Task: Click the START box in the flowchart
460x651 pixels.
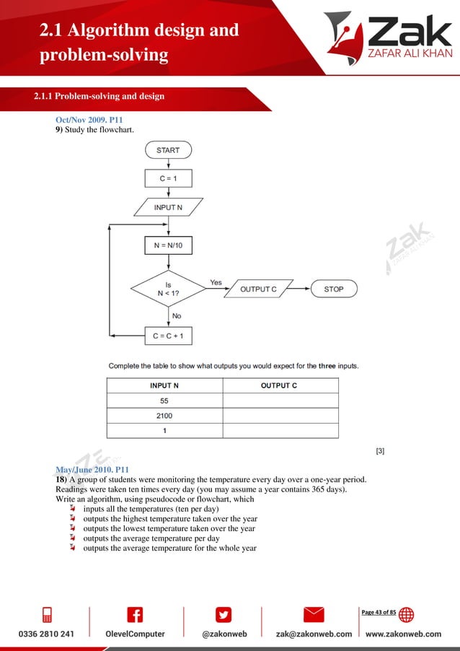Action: [168, 150]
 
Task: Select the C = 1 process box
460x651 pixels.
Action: [168, 178]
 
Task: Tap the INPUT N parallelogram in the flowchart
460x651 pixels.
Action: [168, 207]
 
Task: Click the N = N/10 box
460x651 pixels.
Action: [168, 245]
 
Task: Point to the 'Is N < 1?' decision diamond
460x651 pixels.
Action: [168, 289]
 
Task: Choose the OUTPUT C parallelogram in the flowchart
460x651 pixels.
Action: [258, 289]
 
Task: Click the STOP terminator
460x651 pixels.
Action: [333, 289]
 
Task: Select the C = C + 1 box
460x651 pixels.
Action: [168, 336]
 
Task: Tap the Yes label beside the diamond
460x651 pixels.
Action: [216, 282]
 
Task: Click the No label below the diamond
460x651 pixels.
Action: [176, 315]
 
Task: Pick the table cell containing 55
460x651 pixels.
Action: [164, 401]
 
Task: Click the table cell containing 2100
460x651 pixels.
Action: [164, 416]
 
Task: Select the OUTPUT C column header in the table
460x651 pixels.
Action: [279, 385]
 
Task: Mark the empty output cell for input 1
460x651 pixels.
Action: [280, 431]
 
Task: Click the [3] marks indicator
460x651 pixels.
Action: [380, 452]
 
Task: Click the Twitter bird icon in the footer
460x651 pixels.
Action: [224, 614]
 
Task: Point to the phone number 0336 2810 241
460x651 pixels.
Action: [45, 634]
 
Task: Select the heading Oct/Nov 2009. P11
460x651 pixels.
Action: [86, 119]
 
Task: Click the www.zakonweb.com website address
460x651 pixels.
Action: [404, 634]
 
